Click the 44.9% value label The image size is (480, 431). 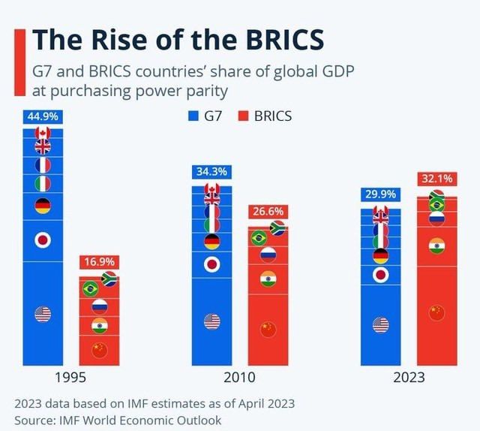pos(43,116)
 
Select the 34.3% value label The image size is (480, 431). pos(211,172)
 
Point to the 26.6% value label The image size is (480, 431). pos(267,212)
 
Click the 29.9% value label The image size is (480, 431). pos(381,194)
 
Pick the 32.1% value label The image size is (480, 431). pos(436,179)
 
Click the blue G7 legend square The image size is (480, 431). pos(192,116)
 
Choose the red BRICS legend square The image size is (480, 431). pos(242,116)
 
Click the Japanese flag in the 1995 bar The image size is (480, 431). pos(43,240)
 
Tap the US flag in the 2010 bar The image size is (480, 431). pos(212,321)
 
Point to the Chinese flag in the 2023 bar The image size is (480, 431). pos(436,312)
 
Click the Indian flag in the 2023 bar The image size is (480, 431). pos(436,246)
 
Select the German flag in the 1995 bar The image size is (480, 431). pos(43,205)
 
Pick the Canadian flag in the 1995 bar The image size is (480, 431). pos(43,134)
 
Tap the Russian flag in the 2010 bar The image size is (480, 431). pos(268,254)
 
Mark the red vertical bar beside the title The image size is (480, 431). pos(18,64)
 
